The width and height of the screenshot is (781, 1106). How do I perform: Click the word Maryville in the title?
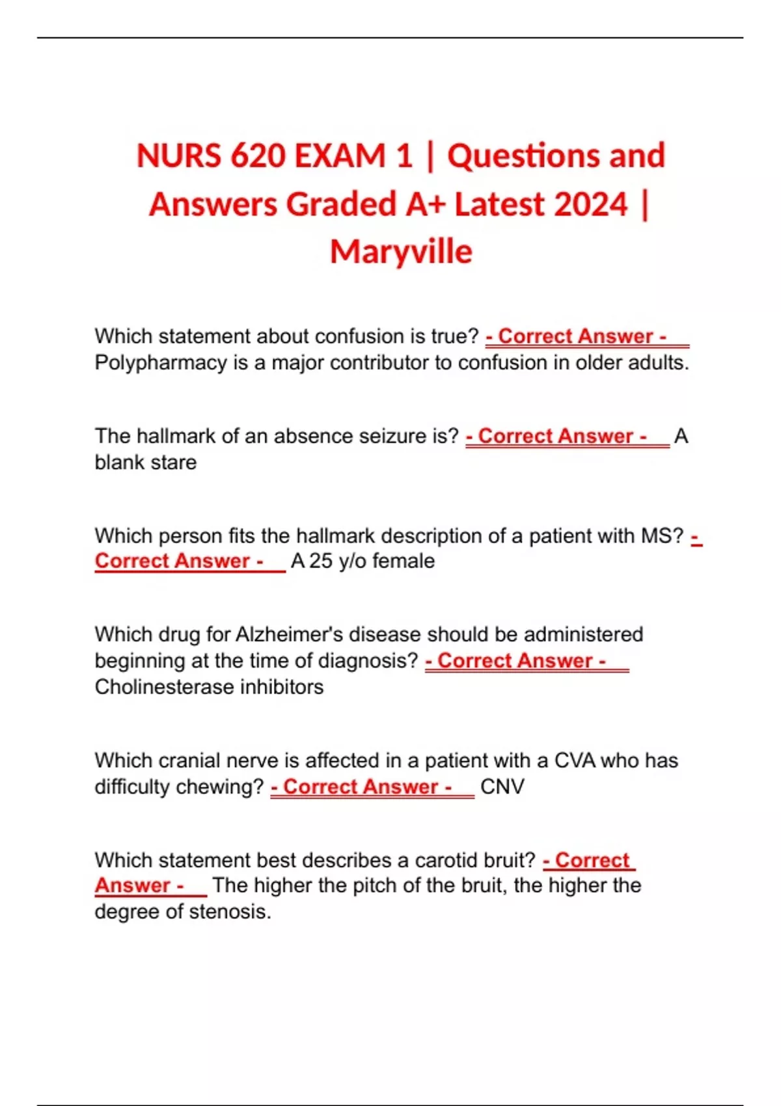point(401,252)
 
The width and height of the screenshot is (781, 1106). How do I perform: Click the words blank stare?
point(146,463)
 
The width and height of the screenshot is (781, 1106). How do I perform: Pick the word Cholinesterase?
point(165,687)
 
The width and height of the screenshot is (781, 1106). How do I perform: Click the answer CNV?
point(502,787)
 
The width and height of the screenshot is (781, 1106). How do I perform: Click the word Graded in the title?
point(342,204)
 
